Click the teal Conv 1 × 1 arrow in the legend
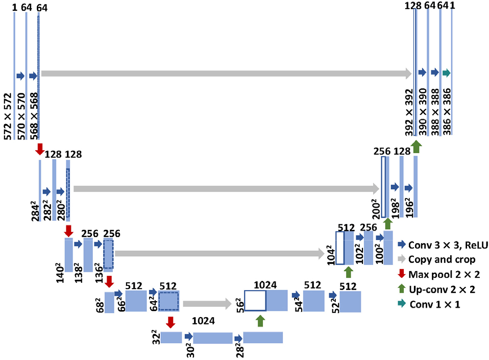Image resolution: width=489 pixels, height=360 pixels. pos(401,304)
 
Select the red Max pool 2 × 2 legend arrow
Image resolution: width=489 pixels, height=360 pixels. pos(401,275)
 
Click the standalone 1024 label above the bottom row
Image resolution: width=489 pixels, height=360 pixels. pos(203,321)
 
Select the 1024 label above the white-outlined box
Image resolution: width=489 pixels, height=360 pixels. pos(265,284)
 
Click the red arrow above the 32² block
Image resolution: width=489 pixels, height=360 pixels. pos(170,322)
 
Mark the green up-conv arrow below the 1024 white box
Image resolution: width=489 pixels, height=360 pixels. pos(260,321)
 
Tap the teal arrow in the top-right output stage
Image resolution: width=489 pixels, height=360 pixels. pos(446,73)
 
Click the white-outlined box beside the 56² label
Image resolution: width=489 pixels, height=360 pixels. pos(255,301)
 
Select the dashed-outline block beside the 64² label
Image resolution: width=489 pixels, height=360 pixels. pos(168,301)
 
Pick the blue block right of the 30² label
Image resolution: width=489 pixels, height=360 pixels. pos(212,338)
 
